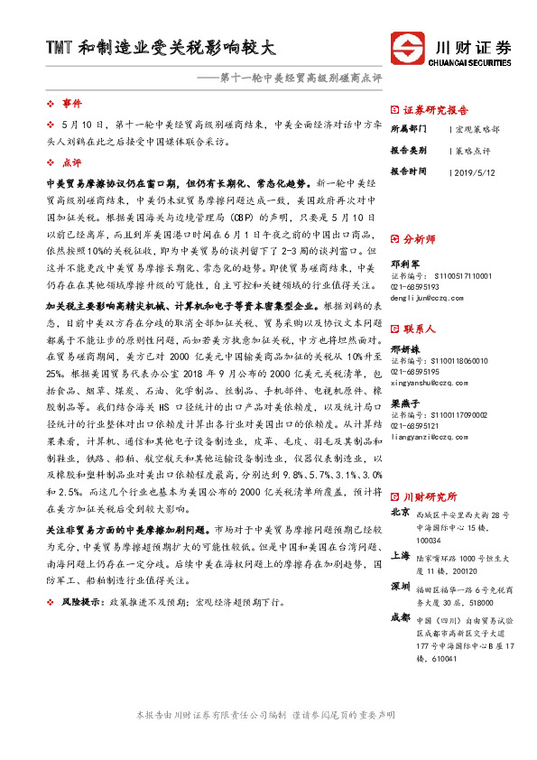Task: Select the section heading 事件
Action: pos(71,104)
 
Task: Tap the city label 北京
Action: pos(399,513)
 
